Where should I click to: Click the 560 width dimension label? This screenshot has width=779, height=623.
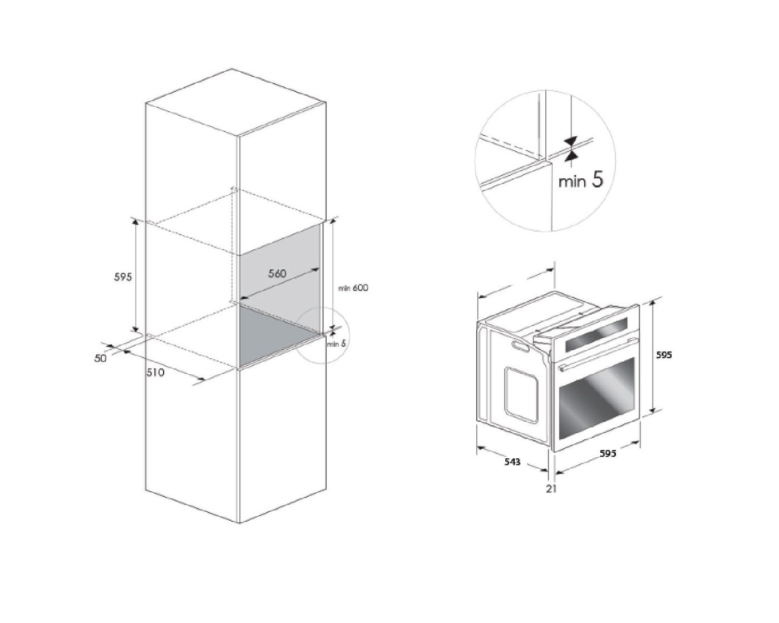[x=277, y=273]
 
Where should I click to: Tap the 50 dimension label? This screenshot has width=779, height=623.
[x=100, y=358]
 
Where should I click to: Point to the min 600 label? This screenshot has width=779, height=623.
[x=353, y=288]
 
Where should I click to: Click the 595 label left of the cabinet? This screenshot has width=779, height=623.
[x=123, y=277]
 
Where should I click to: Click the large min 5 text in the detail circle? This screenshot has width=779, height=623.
[x=581, y=180]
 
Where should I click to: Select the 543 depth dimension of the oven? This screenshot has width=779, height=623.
[x=512, y=462]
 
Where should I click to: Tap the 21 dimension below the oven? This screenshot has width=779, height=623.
[x=551, y=489]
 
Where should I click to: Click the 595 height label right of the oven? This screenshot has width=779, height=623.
[x=664, y=355]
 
